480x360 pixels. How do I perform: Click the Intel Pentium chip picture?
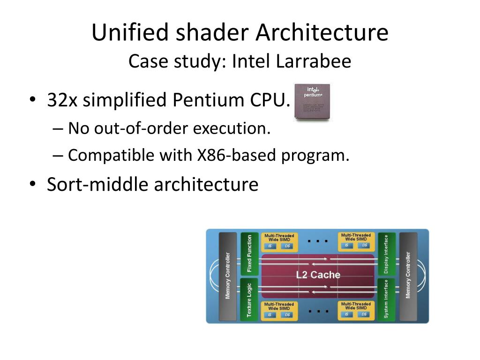click(x=312, y=102)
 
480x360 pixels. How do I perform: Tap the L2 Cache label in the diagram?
click(x=318, y=275)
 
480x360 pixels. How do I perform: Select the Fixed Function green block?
click(x=249, y=253)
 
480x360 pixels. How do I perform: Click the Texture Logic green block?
click(x=249, y=299)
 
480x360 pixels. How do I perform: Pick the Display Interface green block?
click(x=386, y=254)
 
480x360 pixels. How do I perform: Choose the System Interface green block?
click(x=386, y=299)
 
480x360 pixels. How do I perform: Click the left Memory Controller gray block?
click(x=228, y=276)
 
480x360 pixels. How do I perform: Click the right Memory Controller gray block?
click(x=408, y=275)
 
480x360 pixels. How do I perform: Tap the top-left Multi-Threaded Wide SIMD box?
click(x=279, y=241)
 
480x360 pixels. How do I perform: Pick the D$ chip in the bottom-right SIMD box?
click(x=363, y=315)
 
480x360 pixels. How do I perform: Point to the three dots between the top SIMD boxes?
click(x=317, y=241)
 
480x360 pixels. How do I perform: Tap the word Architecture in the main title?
click(x=322, y=33)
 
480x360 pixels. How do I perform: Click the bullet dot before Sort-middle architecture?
click(x=32, y=185)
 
